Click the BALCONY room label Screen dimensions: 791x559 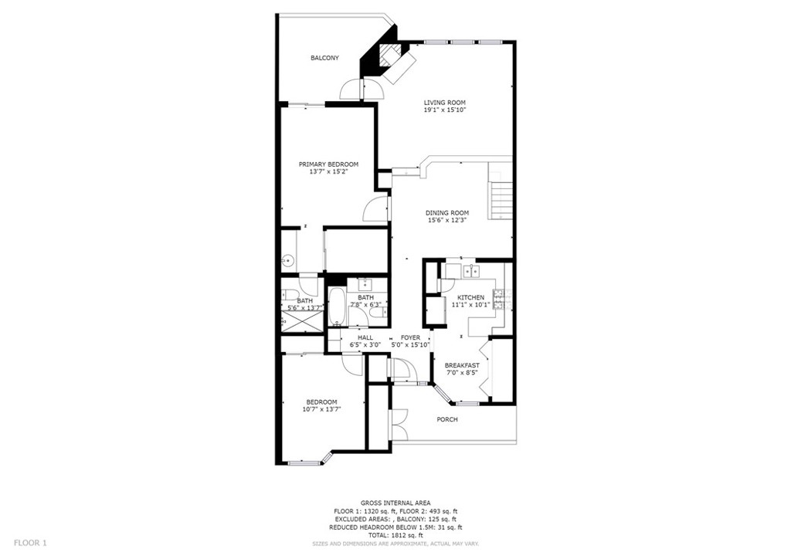point(324,58)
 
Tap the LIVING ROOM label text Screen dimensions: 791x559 point(444,103)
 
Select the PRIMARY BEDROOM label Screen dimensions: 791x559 point(328,164)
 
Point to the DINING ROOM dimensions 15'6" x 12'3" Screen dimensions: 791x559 point(447,220)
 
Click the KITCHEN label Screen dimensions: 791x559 point(470,297)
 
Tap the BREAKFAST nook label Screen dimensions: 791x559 point(462,365)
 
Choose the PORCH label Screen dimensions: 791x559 point(447,419)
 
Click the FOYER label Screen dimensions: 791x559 point(410,337)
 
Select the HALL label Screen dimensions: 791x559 point(365,337)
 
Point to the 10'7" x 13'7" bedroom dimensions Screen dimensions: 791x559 point(322,409)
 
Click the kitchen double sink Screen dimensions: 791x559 point(471,271)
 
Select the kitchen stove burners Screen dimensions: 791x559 point(498,299)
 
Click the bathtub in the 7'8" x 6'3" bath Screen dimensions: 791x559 point(337,307)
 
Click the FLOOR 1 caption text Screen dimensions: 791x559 point(30,543)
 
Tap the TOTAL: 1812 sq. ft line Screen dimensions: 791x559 point(395,535)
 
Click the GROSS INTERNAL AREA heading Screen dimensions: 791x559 point(395,503)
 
